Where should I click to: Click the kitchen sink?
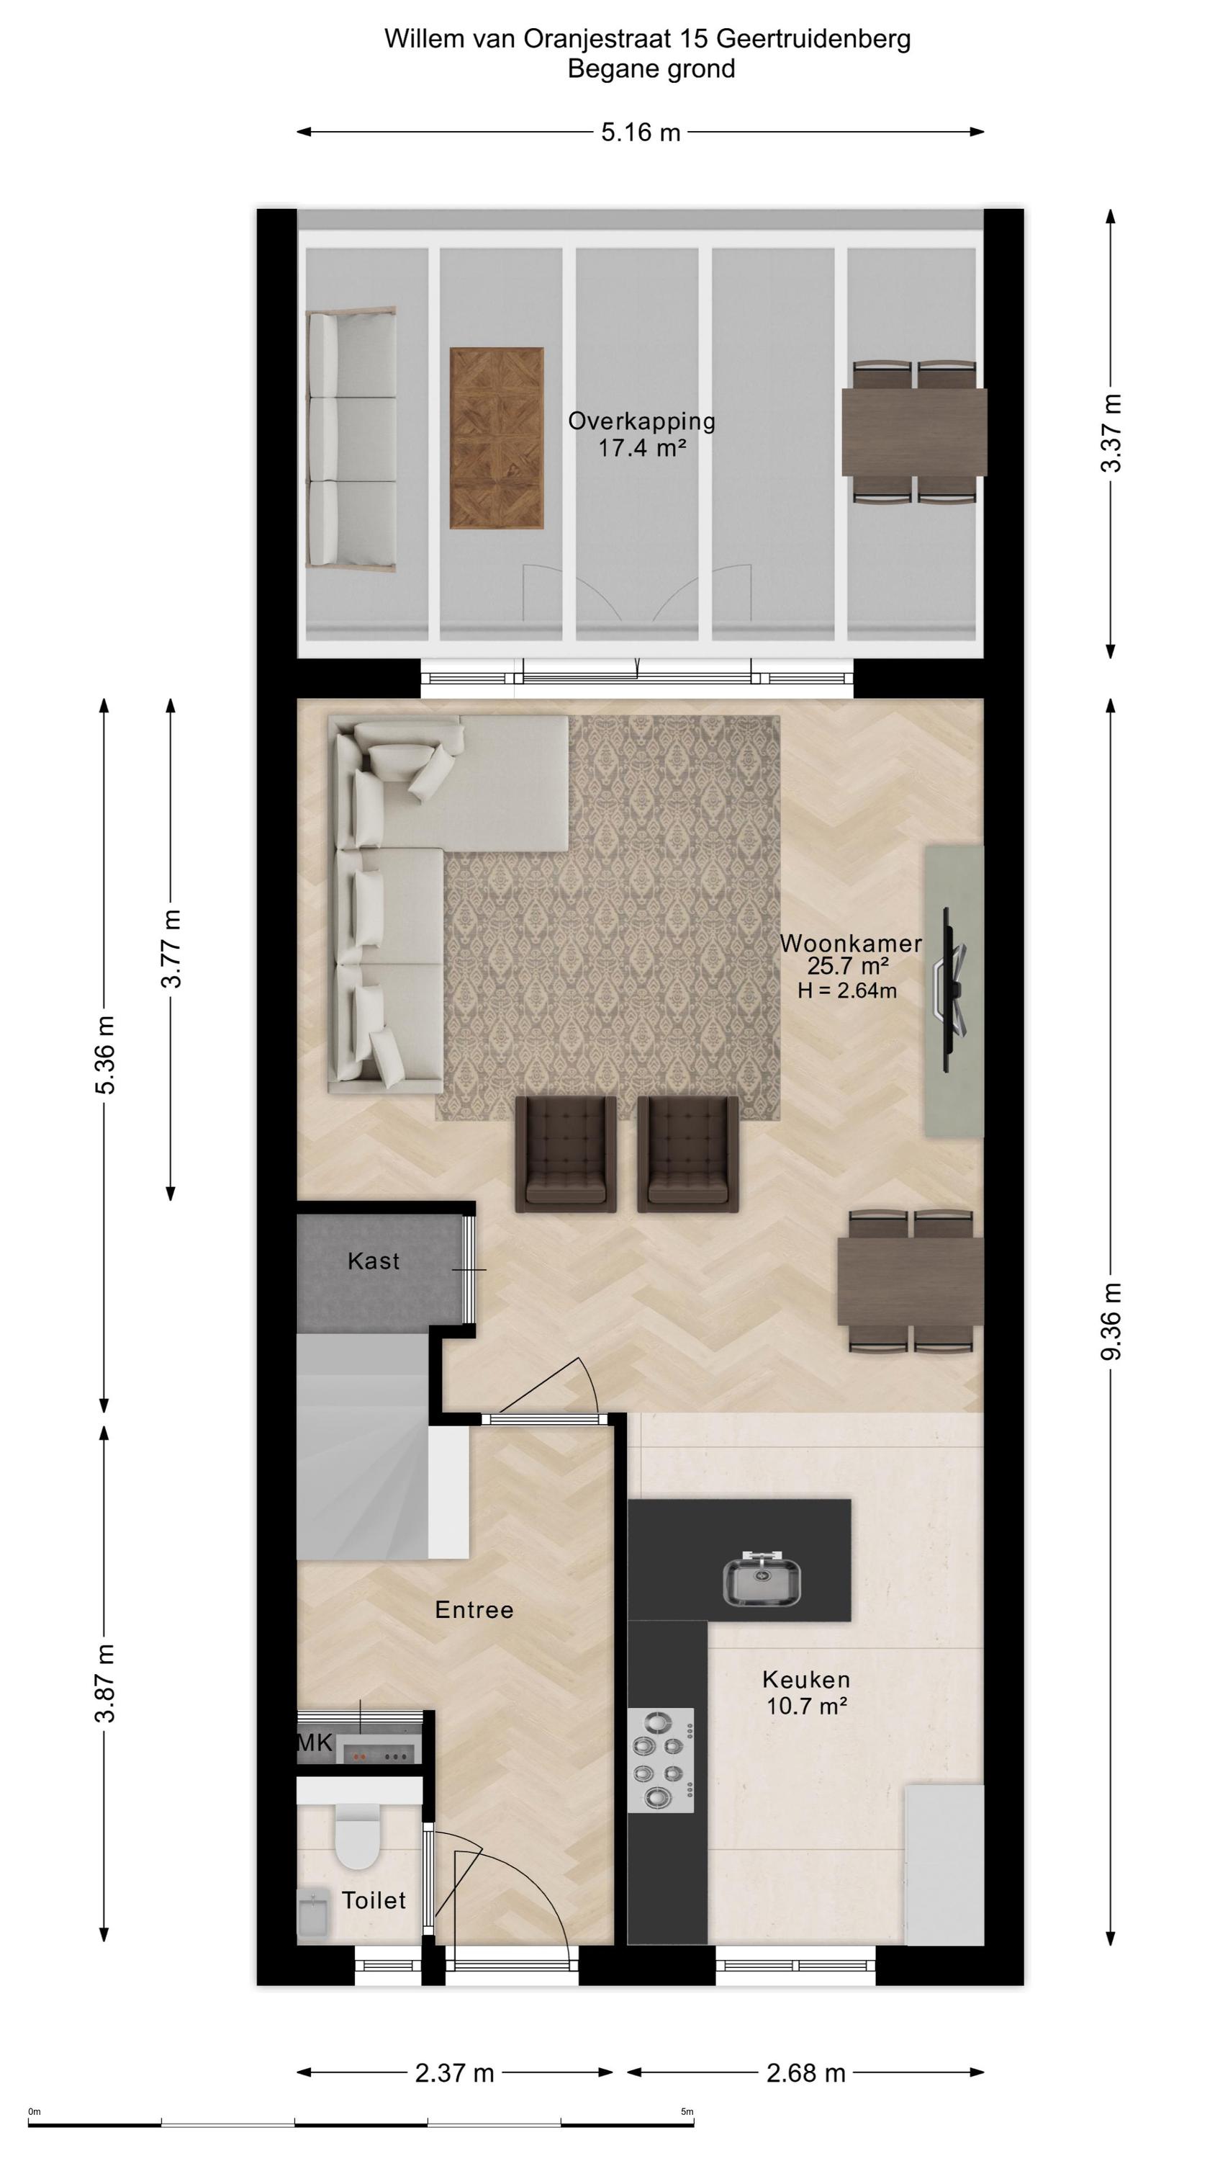[762, 1577]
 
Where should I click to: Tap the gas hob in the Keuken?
[661, 1748]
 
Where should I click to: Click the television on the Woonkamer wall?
[952, 989]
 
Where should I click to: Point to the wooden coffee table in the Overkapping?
[497, 438]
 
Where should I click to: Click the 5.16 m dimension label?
[641, 132]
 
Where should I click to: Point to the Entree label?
[474, 1610]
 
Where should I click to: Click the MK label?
[316, 1743]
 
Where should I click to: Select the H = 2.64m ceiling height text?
[847, 990]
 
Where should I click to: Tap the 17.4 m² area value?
[641, 448]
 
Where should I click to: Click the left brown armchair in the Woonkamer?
[566, 1153]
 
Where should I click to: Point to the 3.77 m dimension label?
[171, 949]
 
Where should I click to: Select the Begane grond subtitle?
[651, 68]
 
